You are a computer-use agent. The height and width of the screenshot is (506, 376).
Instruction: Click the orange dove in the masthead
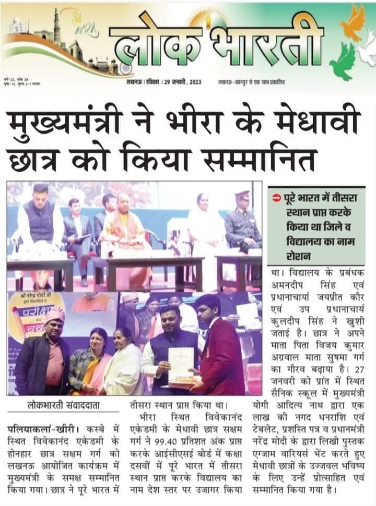click(352, 23)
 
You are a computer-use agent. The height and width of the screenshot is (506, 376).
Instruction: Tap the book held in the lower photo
click(181, 365)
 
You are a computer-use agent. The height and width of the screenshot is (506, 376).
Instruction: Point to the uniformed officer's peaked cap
click(242, 196)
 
